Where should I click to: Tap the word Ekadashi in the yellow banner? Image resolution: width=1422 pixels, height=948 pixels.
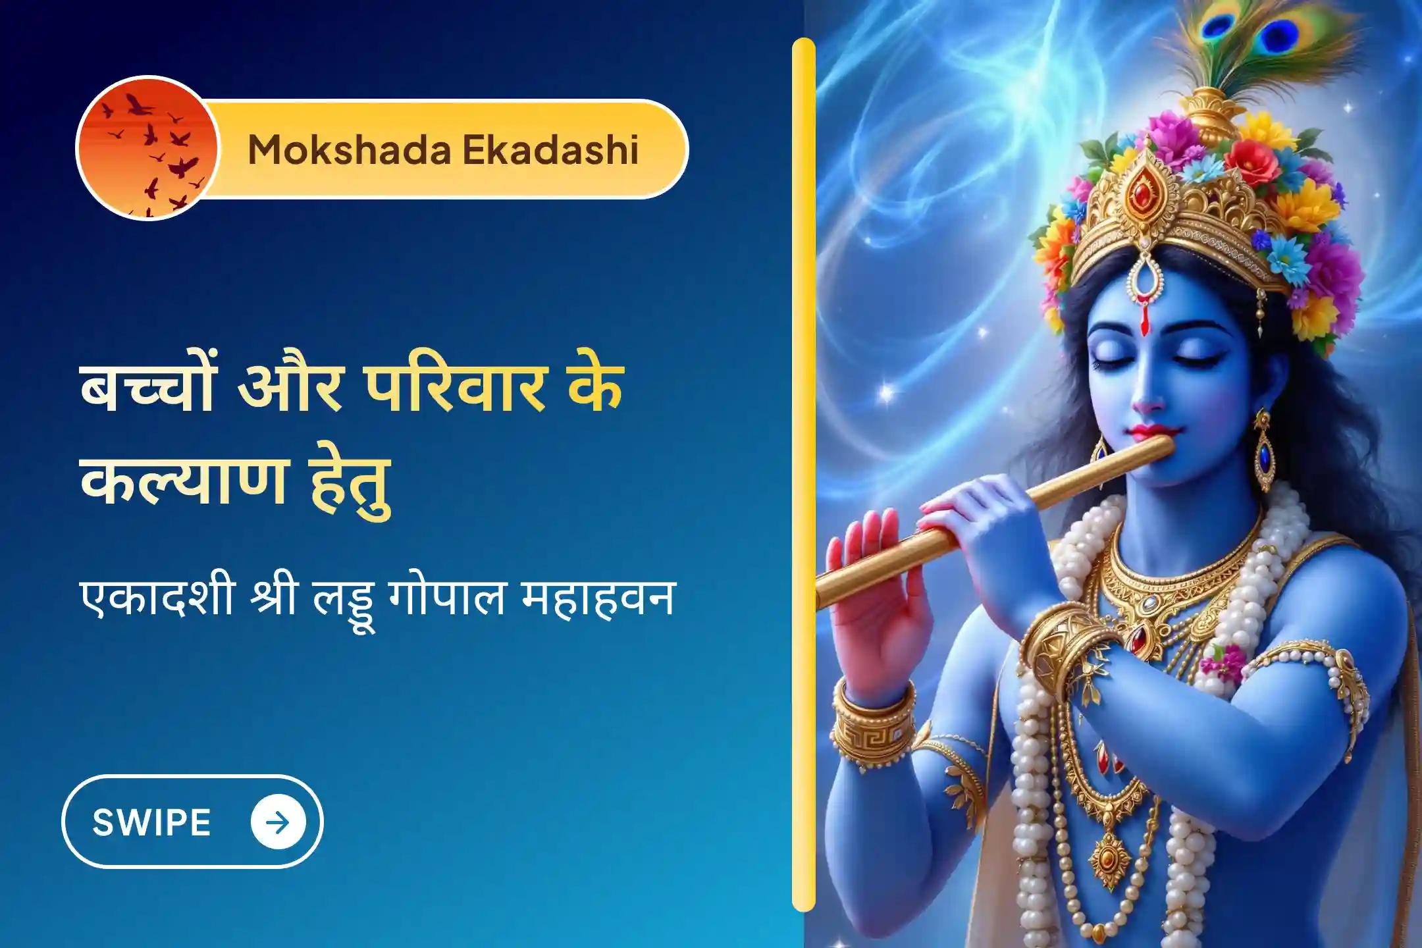(x=550, y=149)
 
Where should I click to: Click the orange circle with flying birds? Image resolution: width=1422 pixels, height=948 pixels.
(x=147, y=149)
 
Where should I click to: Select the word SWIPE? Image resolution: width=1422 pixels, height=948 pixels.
(x=151, y=822)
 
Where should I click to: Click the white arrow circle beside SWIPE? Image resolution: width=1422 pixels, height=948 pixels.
(x=278, y=822)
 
